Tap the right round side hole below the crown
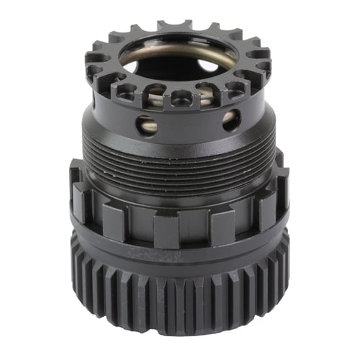[230, 120]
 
